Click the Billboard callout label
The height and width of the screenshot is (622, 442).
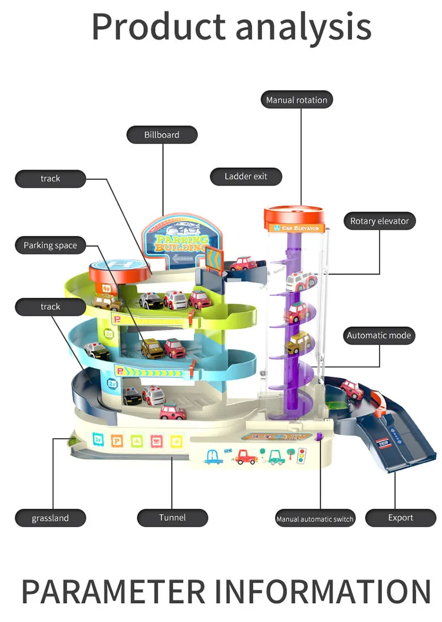coord(162,135)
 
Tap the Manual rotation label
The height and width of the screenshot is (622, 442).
coord(296,100)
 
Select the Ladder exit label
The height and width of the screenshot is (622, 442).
coord(246,176)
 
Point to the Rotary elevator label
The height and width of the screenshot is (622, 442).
coord(380,221)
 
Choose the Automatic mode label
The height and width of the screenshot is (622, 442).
coord(379,336)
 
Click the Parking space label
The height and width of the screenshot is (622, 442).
coord(50,246)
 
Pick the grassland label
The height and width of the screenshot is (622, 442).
coord(50,518)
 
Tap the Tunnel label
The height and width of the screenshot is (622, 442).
coord(172,518)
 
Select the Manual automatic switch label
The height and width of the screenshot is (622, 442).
coord(315,519)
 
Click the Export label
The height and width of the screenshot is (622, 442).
coord(401,518)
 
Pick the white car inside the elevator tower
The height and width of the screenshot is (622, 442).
coord(301,280)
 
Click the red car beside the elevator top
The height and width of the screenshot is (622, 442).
coord(242,263)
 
